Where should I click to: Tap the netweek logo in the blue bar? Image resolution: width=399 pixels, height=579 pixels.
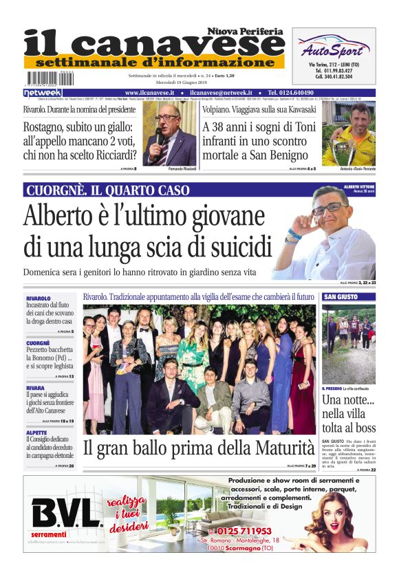pos(43,92)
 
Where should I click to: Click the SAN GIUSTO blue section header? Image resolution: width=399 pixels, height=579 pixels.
pos(341,297)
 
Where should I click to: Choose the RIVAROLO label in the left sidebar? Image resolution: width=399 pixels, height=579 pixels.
pos(39,298)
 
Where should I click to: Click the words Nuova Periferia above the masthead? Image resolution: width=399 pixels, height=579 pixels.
pos(246,32)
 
